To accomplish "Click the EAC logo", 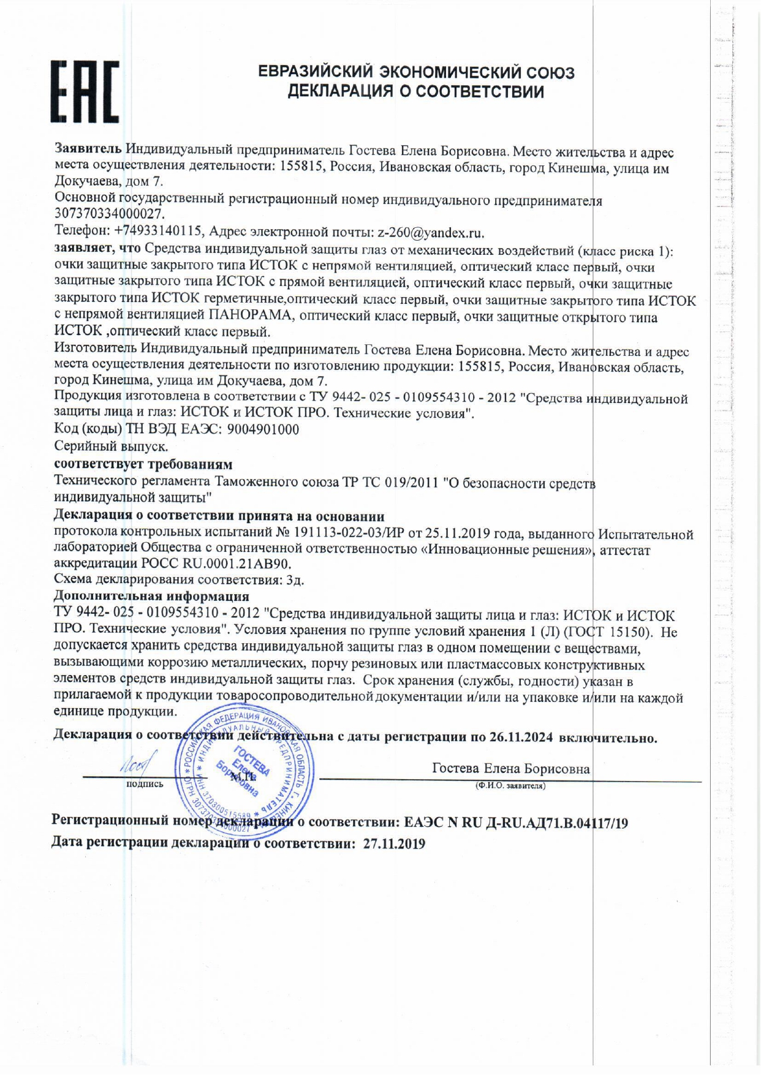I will [85, 91].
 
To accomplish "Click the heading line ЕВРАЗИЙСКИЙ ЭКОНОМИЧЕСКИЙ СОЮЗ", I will [416, 72].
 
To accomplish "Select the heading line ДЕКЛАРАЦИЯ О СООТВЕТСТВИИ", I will [416, 92].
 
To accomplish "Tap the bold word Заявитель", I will [88, 149].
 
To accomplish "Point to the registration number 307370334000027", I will [110, 214].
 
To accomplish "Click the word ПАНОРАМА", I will [252, 317].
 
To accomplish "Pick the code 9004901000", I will [263, 429].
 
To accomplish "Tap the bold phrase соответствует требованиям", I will [143, 464].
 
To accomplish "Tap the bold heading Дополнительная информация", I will [151, 596].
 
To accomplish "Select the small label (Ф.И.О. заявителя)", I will [510, 785].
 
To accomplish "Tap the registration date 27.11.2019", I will [394, 843].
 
